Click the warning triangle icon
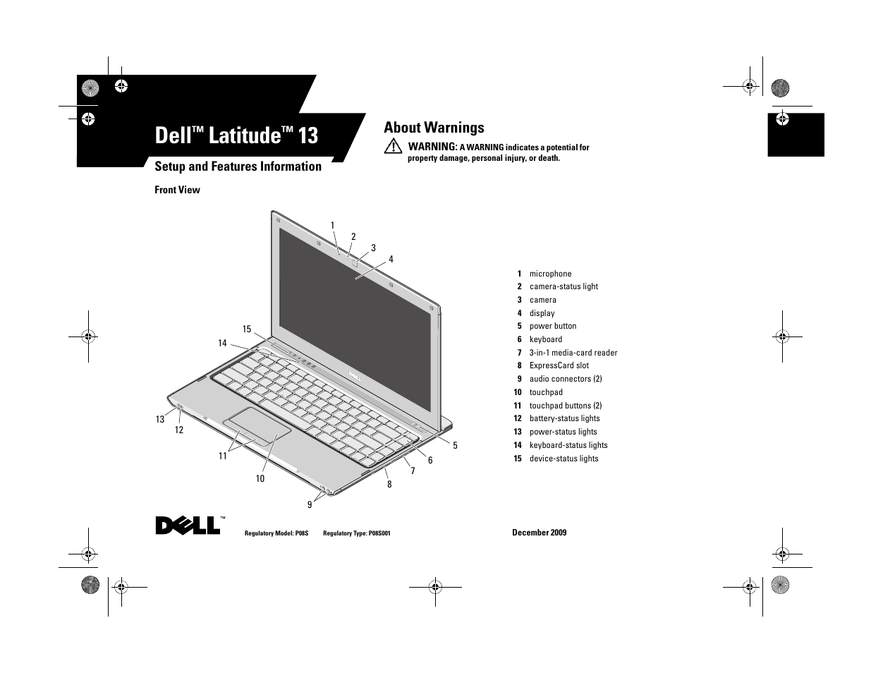tap(393, 146)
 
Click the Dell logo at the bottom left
tap(188, 526)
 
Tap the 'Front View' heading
tap(177, 190)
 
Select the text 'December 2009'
tap(539, 533)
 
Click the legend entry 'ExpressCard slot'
tap(559, 365)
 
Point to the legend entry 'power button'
tap(553, 326)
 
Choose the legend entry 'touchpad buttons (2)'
tap(566, 406)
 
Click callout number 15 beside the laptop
tap(247, 329)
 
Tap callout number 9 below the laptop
tap(310, 505)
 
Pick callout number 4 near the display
tap(391, 260)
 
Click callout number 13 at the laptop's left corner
tap(160, 419)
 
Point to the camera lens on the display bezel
tap(354, 263)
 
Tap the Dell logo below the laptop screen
tap(355, 377)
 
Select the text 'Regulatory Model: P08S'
tap(276, 533)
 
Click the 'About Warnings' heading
tap(434, 128)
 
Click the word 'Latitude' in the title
tap(245, 135)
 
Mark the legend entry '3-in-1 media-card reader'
tap(573, 353)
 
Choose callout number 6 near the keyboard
tap(430, 460)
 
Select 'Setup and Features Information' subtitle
tap(238, 166)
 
